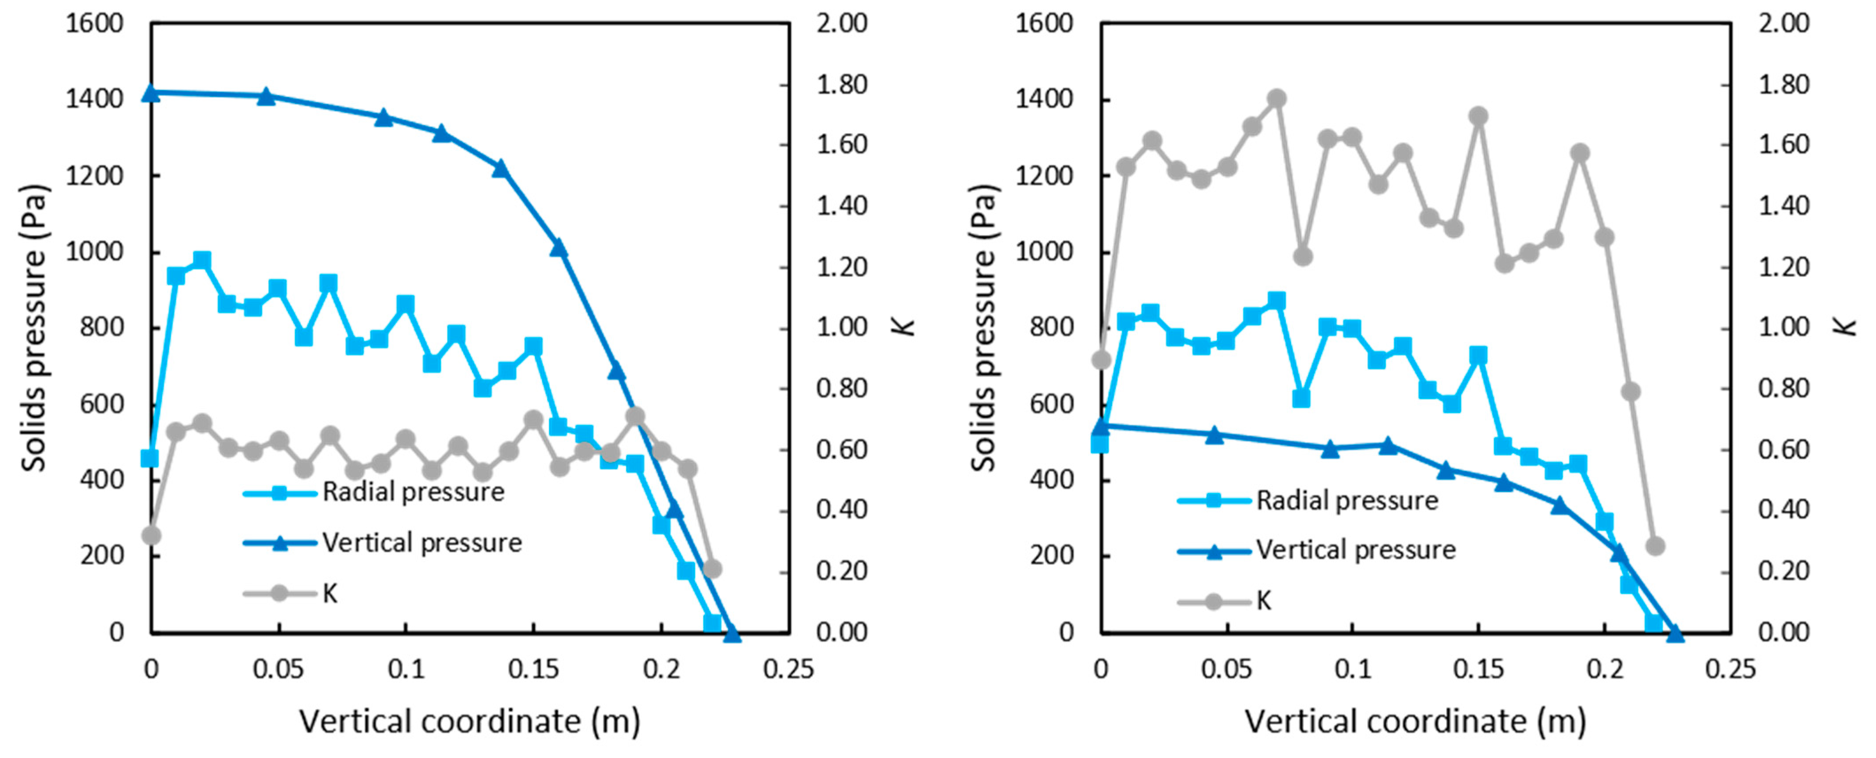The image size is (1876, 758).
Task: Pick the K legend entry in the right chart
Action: point(1264,601)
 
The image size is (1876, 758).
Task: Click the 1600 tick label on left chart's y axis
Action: point(95,23)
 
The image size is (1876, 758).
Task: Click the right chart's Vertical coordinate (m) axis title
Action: point(1415,722)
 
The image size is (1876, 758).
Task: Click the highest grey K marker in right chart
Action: point(1276,98)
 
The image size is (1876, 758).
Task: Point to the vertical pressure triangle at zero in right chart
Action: point(1101,426)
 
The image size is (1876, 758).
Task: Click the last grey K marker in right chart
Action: point(1655,546)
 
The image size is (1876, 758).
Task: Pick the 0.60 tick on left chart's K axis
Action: point(841,450)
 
